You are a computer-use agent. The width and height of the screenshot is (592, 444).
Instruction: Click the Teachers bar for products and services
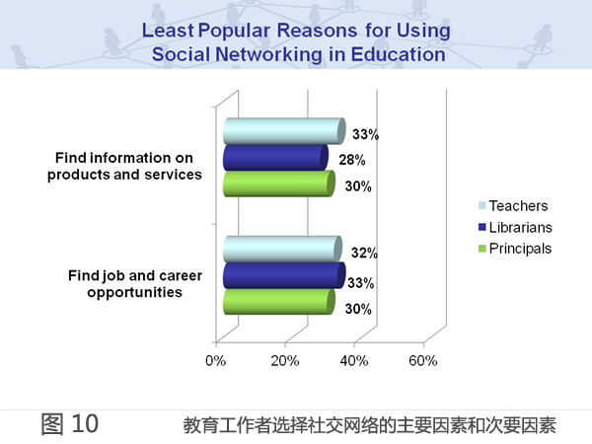(284, 131)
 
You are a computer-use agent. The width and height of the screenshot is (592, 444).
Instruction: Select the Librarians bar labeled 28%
(275, 158)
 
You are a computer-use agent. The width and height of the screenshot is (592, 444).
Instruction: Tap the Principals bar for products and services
(279, 184)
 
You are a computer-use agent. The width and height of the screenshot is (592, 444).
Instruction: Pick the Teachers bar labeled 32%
(283, 250)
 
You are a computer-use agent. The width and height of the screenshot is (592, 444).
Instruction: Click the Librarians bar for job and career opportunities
(284, 275)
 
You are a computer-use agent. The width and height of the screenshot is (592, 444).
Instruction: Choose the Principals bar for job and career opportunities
(279, 301)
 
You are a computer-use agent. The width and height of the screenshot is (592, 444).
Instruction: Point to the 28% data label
(352, 160)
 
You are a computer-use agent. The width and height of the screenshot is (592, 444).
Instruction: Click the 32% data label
(364, 253)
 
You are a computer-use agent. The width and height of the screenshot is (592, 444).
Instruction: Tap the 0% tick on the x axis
(215, 361)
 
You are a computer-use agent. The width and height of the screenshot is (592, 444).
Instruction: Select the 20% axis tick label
(285, 361)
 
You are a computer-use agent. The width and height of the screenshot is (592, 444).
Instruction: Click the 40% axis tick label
(354, 361)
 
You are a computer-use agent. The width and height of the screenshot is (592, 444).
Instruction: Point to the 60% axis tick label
(423, 361)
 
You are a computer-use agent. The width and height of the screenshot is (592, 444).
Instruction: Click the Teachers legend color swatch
(482, 206)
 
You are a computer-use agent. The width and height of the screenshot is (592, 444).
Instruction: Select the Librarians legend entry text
(521, 227)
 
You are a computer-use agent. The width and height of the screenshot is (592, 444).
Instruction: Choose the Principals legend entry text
(520, 249)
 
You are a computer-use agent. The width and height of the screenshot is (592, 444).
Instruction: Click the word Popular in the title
(235, 31)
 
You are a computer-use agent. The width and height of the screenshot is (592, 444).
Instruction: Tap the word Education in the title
(399, 54)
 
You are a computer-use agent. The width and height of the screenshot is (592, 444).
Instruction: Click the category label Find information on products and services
(124, 166)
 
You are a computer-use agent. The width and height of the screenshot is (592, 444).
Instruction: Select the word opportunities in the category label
(135, 293)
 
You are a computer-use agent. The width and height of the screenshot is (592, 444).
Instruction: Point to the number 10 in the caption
(85, 423)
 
